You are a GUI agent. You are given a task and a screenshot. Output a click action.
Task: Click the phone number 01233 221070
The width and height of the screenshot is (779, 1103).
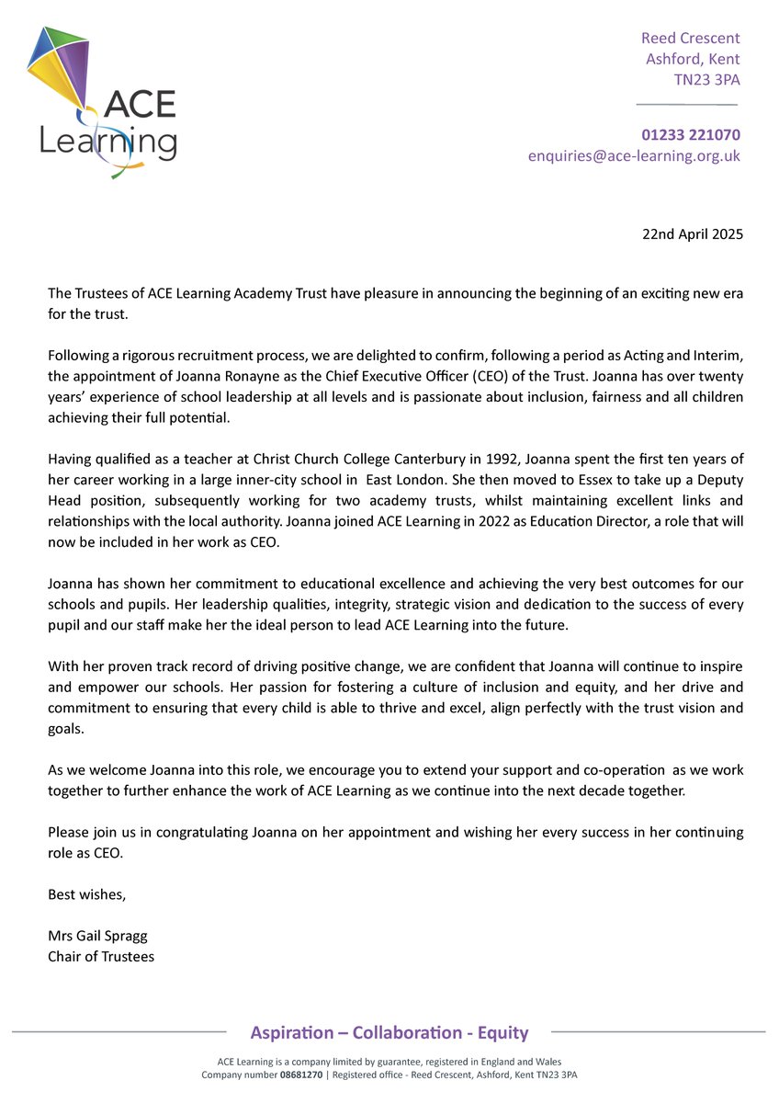(692, 135)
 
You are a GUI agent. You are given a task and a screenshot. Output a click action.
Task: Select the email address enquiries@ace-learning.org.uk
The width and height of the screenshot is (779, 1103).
(634, 156)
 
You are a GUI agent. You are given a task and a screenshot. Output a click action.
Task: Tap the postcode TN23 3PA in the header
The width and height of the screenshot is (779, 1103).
(707, 80)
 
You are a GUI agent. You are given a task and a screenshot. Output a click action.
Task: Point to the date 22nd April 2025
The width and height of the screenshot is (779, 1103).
(693, 233)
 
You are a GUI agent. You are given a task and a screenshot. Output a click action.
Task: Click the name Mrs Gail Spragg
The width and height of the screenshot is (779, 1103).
(97, 936)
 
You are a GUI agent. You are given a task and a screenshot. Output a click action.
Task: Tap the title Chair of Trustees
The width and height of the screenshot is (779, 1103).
(101, 957)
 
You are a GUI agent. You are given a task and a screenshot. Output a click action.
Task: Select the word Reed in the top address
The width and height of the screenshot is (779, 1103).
(660, 38)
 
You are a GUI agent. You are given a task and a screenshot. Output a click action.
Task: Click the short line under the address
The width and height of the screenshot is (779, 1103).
(687, 105)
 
